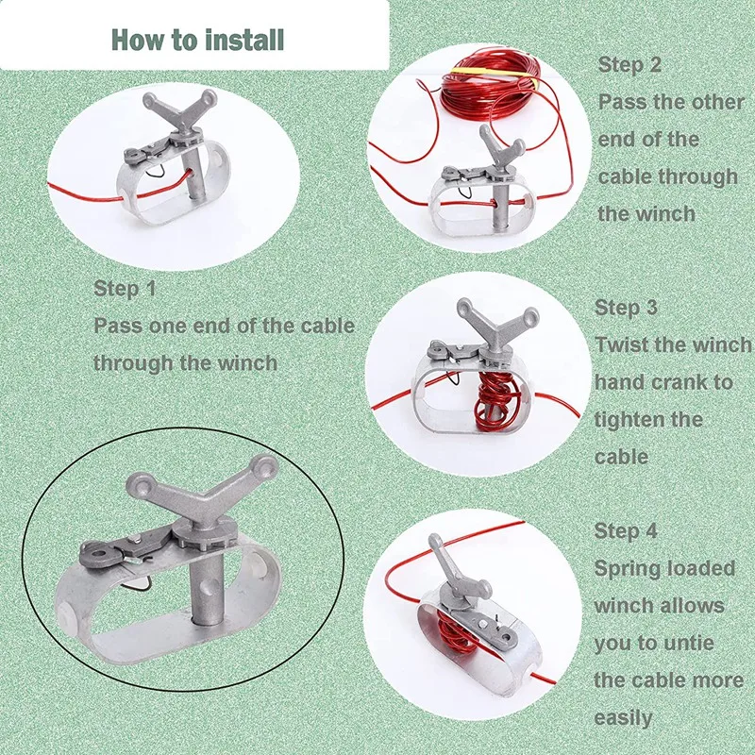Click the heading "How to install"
click(x=197, y=40)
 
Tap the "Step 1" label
click(x=125, y=289)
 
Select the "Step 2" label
click(x=629, y=65)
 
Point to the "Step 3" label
click(x=626, y=308)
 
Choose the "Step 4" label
click(x=626, y=531)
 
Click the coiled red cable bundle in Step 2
click(x=492, y=86)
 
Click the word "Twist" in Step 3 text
click(x=622, y=345)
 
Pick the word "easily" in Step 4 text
click(x=623, y=716)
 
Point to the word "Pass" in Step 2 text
click(x=619, y=102)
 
